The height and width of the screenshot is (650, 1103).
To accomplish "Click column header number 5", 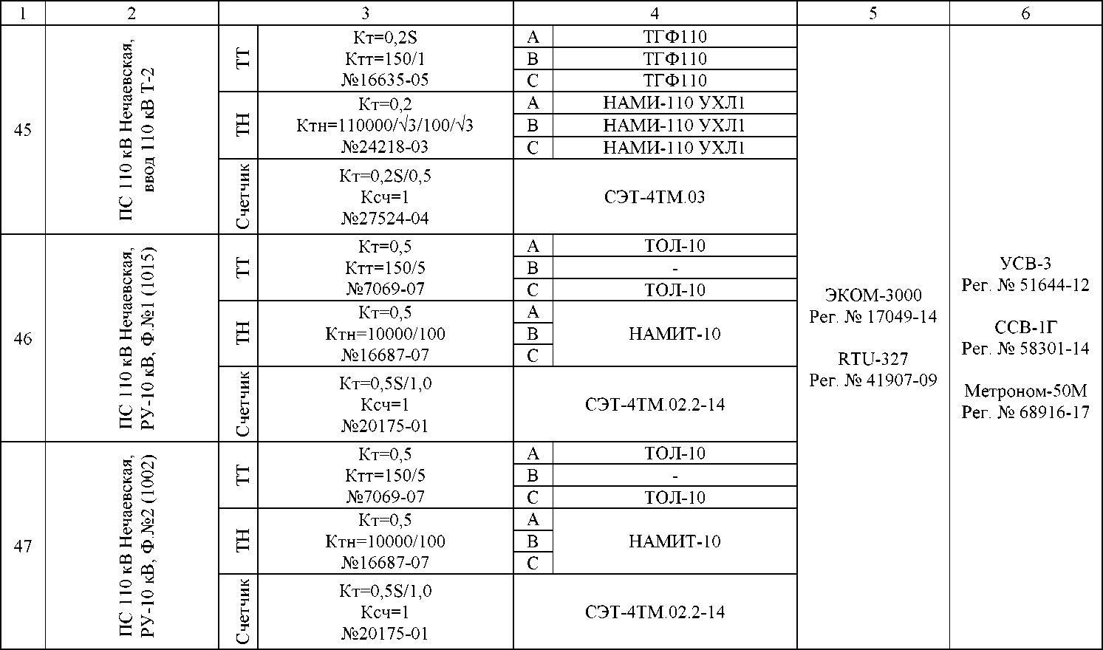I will (x=873, y=13).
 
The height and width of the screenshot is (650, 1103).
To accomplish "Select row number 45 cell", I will (x=23, y=130).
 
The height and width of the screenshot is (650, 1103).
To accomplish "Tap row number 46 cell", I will (x=23, y=339).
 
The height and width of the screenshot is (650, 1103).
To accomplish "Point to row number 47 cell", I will (x=23, y=547).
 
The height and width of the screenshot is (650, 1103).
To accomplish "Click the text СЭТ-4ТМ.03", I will (x=655, y=197).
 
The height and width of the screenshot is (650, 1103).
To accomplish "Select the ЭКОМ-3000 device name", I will (x=873, y=295).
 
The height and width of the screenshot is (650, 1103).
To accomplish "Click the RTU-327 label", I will (x=873, y=359).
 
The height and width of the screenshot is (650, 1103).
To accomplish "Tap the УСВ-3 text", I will (x=1025, y=264).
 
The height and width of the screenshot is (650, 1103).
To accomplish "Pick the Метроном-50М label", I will (x=1025, y=390).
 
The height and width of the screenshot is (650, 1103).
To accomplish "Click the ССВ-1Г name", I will (x=1025, y=327).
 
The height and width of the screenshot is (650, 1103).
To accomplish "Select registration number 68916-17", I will (x=1025, y=412).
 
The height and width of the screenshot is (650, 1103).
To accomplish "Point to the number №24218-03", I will (x=385, y=146).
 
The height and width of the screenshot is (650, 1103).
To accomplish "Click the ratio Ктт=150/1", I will (x=385, y=58).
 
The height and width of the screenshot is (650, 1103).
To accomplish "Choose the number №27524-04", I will (x=385, y=219).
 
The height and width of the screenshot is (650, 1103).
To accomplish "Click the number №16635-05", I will (x=385, y=80).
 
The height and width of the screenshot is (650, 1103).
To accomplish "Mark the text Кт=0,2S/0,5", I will (x=385, y=176).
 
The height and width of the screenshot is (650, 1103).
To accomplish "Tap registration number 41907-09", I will (x=873, y=380).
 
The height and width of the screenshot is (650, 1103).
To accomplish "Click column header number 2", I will (x=132, y=13).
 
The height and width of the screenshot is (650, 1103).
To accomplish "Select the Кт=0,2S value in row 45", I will (x=385, y=37).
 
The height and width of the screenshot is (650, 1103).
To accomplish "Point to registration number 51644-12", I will (x=1025, y=285).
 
